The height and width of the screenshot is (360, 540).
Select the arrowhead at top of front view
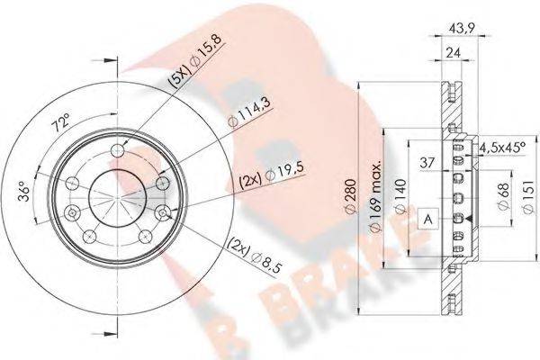pyautogui.click(x=112, y=65)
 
